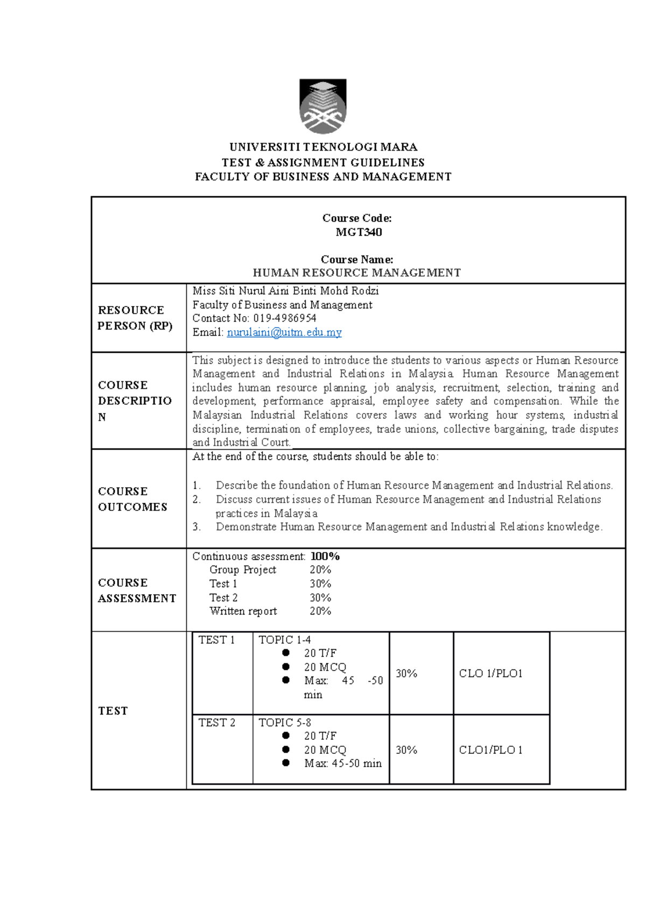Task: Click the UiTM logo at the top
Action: [323, 106]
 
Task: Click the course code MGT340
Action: [359, 232]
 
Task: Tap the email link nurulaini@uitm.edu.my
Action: [284, 332]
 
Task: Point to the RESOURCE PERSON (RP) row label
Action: [135, 318]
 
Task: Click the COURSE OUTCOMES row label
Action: [132, 499]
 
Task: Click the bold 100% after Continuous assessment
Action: [325, 557]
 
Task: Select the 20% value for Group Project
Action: [320, 570]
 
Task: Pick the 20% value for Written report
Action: [320, 611]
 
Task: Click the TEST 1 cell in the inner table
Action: [217, 640]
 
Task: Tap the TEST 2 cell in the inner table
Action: [217, 723]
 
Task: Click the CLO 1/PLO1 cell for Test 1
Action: [490, 674]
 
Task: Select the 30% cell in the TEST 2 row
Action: [406, 750]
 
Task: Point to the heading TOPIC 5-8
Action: [285, 723]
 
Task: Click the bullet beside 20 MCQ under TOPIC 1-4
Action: [286, 667]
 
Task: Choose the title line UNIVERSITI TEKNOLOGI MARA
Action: [323, 147]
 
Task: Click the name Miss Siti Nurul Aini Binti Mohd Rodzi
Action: [285, 291]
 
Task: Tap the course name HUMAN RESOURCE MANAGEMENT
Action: [357, 273]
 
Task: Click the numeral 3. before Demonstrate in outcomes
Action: [196, 527]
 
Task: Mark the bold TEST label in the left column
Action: [113, 711]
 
